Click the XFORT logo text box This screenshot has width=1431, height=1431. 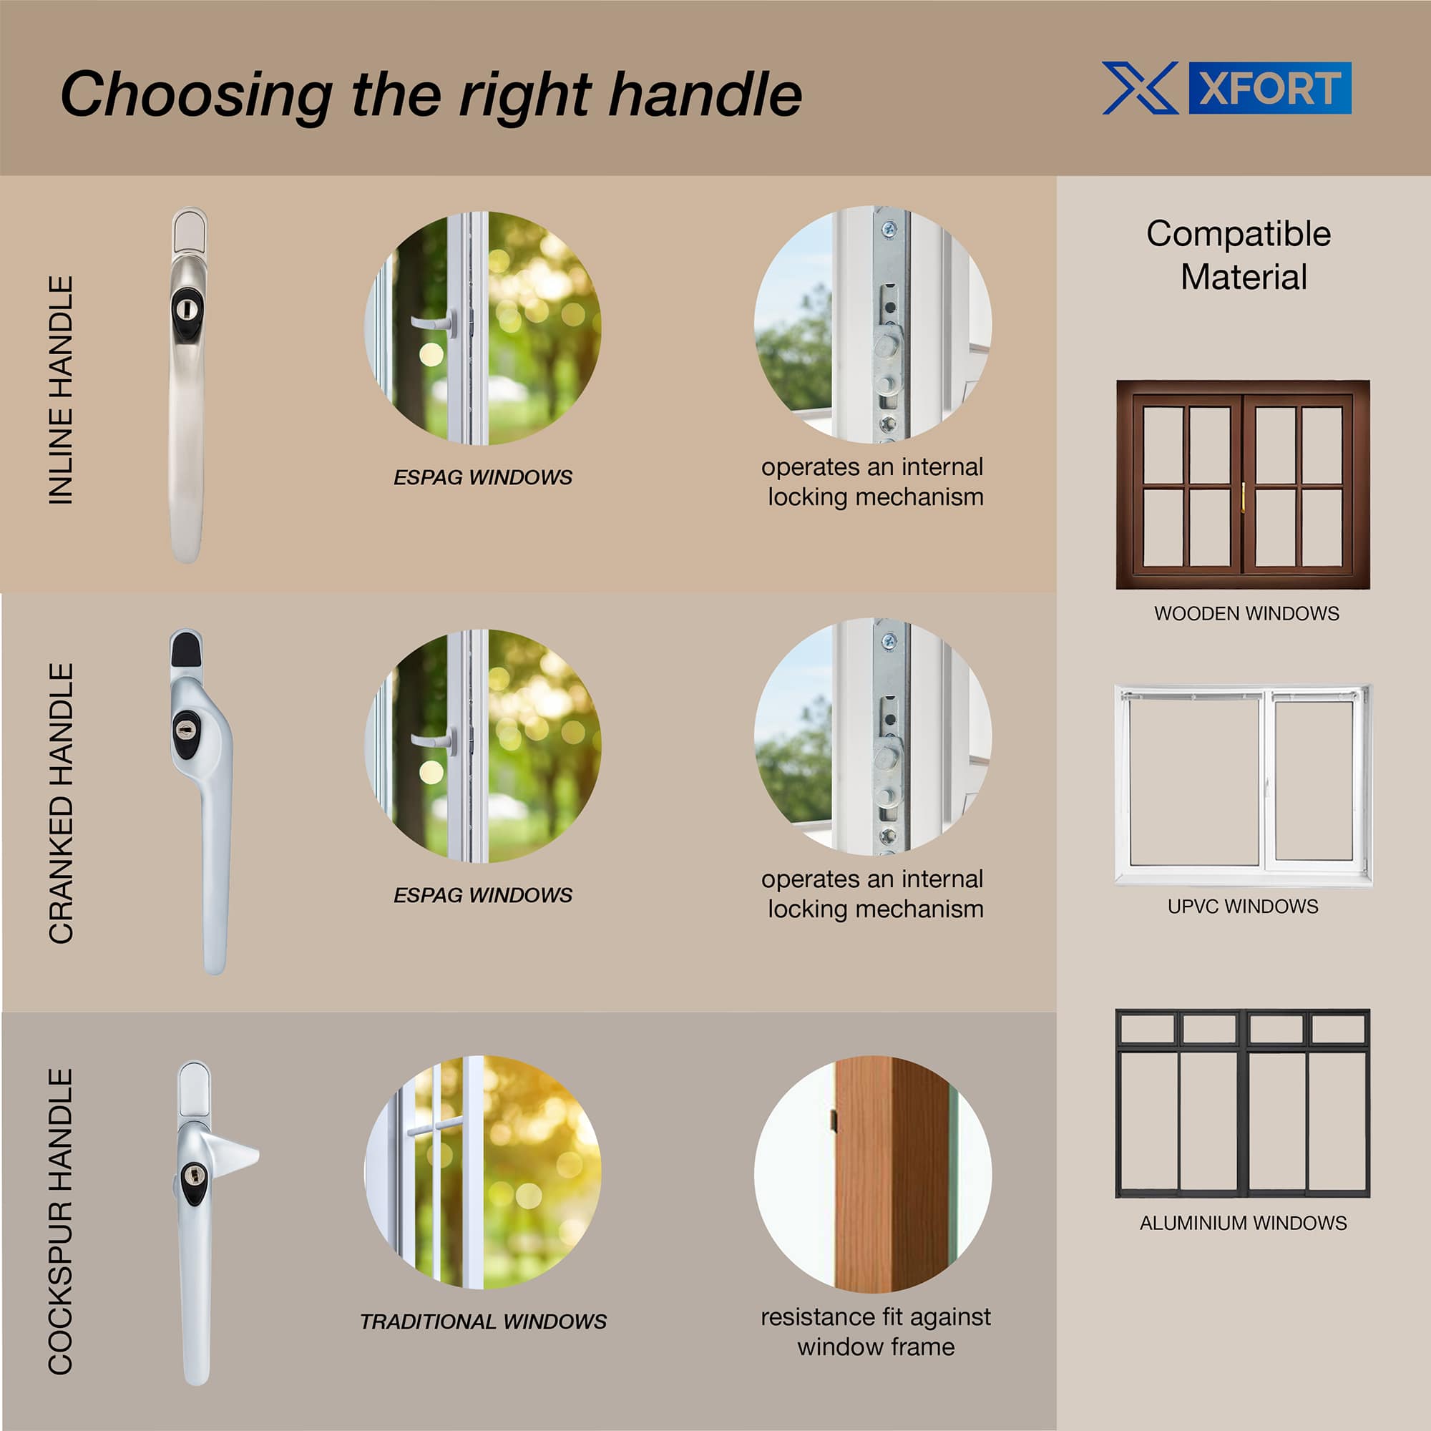pyautogui.click(x=1269, y=88)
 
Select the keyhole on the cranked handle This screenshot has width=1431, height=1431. pyautogui.click(x=185, y=731)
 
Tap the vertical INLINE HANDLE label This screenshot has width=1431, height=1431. pyautogui.click(x=61, y=391)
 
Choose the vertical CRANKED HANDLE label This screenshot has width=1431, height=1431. pyautogui.click(x=61, y=803)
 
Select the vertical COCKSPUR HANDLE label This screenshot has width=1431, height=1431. pyautogui.click(x=61, y=1221)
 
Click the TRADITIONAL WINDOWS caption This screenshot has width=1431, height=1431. pyautogui.click(x=483, y=1322)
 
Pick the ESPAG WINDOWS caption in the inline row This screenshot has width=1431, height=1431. pyautogui.click(x=483, y=477)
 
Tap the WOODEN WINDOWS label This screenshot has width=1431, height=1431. pyautogui.click(x=1246, y=613)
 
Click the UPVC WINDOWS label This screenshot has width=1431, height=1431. pyautogui.click(x=1243, y=906)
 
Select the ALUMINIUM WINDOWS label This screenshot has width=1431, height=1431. pyautogui.click(x=1243, y=1223)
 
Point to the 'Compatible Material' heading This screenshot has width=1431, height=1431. pyautogui.click(x=1239, y=255)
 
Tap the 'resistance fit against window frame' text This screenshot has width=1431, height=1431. pyautogui.click(x=876, y=1332)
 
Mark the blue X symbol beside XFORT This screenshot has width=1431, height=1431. pyautogui.click(x=1140, y=88)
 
